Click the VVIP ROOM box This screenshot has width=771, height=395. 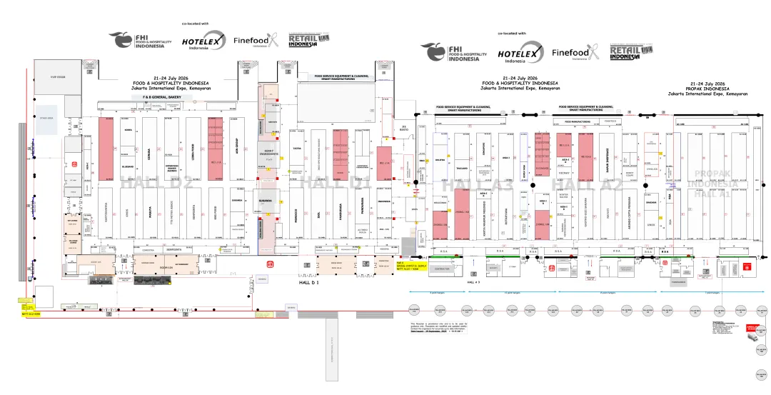[x=58, y=77]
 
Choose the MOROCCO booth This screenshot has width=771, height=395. [x=296, y=214]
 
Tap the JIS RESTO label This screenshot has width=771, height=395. [x=403, y=129]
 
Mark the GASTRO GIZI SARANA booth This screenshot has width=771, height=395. [x=586, y=214]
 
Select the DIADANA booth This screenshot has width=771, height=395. [x=650, y=202]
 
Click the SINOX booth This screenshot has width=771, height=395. [x=650, y=224]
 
